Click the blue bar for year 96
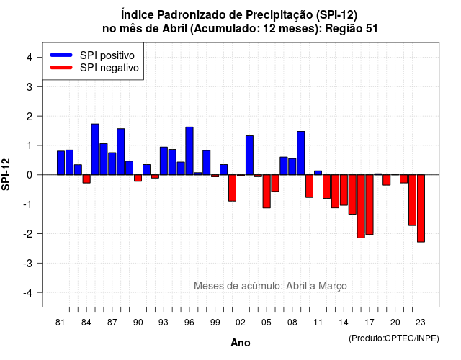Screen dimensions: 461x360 click(189, 150)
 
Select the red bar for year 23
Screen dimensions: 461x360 click(421, 208)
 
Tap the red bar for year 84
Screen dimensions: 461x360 click(86, 179)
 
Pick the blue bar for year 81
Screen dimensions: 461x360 click(61, 163)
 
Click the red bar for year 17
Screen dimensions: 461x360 click(370, 204)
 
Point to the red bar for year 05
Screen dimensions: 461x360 click(267, 192)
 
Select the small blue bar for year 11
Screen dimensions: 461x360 click(318, 173)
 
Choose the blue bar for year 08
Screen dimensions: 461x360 click(292, 166)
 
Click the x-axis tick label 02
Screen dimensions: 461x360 click(241, 323)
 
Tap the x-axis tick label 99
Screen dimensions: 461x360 click(215, 323)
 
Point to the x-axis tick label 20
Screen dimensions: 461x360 click(395, 323)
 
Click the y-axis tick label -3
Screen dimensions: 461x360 click(28, 263)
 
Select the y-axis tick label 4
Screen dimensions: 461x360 click(30, 58)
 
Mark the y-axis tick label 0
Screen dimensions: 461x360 click(30, 175)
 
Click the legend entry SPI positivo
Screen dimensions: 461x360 click(107, 55)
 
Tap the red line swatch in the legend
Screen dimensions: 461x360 click(61, 68)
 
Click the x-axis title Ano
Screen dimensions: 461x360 click(241, 343)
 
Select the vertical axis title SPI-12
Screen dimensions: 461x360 click(6, 174)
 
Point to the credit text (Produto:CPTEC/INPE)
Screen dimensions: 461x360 click(394, 338)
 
